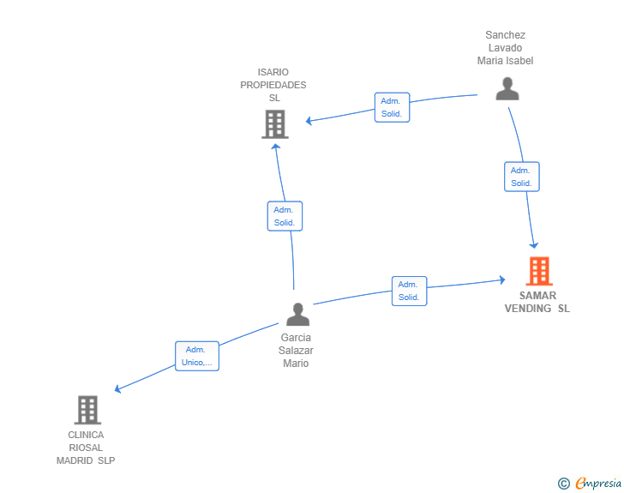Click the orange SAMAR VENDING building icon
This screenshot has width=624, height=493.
pyautogui.click(x=539, y=271)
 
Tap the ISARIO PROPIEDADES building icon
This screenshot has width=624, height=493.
pyautogui.click(x=275, y=124)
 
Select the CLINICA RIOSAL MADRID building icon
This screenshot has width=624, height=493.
pyautogui.click(x=87, y=410)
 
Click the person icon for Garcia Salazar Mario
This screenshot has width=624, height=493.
pyautogui.click(x=297, y=314)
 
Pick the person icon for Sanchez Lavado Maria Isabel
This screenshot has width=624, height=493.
pyautogui.click(x=507, y=89)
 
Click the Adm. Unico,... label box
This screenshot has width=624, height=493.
pyautogui.click(x=197, y=356)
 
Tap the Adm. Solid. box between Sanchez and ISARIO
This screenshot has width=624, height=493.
pyautogui.click(x=392, y=107)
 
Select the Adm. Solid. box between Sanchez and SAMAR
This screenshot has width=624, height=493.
pyautogui.click(x=522, y=177)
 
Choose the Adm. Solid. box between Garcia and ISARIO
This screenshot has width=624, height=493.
pyautogui.click(x=285, y=216)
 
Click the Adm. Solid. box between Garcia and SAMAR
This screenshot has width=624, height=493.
pyautogui.click(x=409, y=292)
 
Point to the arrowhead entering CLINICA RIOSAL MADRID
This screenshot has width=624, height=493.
pyautogui.click(x=117, y=389)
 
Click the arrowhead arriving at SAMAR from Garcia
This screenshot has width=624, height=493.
pyautogui.click(x=502, y=280)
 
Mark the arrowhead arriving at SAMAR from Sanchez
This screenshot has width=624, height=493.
pyautogui.click(x=534, y=245)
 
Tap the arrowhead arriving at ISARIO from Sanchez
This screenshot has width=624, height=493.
pyautogui.click(x=309, y=120)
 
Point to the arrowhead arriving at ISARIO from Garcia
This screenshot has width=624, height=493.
pyautogui.click(x=276, y=147)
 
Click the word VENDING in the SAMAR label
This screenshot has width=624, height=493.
pyautogui.click(x=528, y=309)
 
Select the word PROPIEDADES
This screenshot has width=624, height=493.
pyautogui.click(x=273, y=85)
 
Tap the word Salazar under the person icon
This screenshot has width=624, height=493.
pyautogui.click(x=296, y=351)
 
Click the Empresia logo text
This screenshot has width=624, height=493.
pyautogui.click(x=598, y=484)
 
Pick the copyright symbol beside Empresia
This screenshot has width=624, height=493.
pyautogui.click(x=563, y=484)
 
